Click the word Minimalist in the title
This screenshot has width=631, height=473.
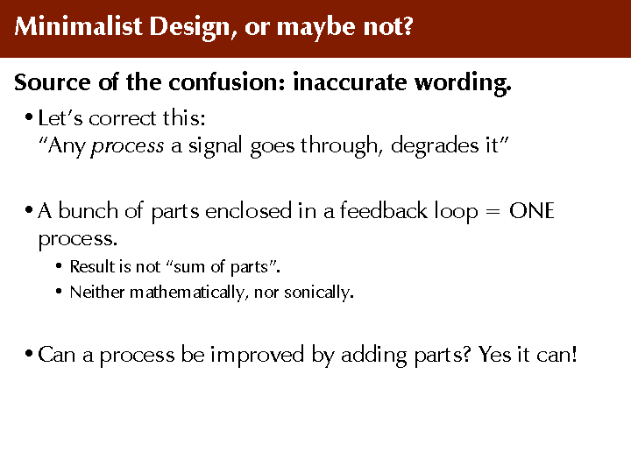point(79,26)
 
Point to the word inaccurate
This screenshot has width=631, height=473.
point(350,82)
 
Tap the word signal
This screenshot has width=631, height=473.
point(215,146)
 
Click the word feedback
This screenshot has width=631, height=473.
point(384,210)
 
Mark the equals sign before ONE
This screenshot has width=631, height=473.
point(493,212)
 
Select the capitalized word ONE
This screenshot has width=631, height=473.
point(532,211)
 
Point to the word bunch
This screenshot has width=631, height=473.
point(89,210)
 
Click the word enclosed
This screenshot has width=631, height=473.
point(248,210)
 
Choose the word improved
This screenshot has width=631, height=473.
point(257,356)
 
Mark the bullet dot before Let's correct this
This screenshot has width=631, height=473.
point(29,118)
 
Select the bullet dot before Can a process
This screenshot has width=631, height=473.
point(29,355)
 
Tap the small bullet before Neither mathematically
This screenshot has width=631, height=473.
point(59,291)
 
